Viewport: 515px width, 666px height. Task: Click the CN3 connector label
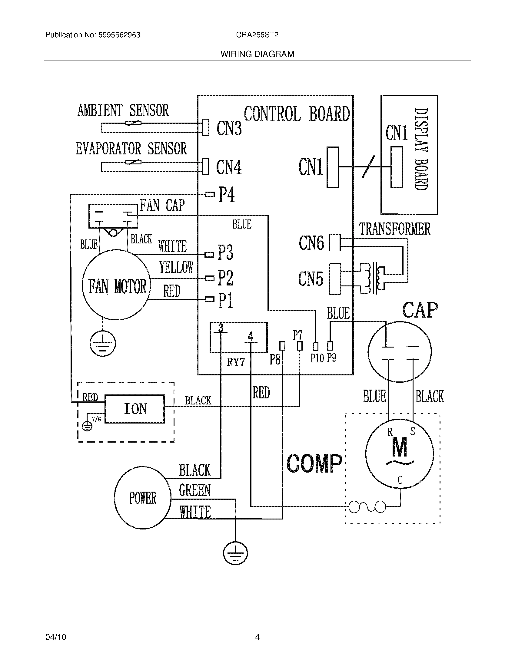click(x=229, y=128)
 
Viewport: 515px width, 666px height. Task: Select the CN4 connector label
click(x=229, y=167)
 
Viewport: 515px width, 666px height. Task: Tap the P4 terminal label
click(x=227, y=195)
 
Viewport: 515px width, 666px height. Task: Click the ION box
click(x=135, y=409)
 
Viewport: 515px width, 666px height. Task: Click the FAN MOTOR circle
click(x=117, y=285)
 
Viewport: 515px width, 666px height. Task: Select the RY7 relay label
click(x=236, y=362)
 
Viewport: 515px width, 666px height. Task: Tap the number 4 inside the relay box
click(x=250, y=336)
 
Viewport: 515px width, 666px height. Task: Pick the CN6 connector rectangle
click(x=335, y=243)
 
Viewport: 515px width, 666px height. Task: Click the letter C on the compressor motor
click(x=400, y=480)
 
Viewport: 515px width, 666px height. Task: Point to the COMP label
click(x=314, y=464)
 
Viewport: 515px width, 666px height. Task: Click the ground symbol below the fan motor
click(x=103, y=344)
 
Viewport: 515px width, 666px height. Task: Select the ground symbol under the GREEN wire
click(x=235, y=553)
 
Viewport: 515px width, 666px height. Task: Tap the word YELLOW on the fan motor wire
click(x=176, y=267)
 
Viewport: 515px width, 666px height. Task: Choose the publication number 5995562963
click(x=119, y=35)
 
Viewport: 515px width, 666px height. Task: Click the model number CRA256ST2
click(x=257, y=35)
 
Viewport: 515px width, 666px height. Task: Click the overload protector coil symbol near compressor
click(x=367, y=507)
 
